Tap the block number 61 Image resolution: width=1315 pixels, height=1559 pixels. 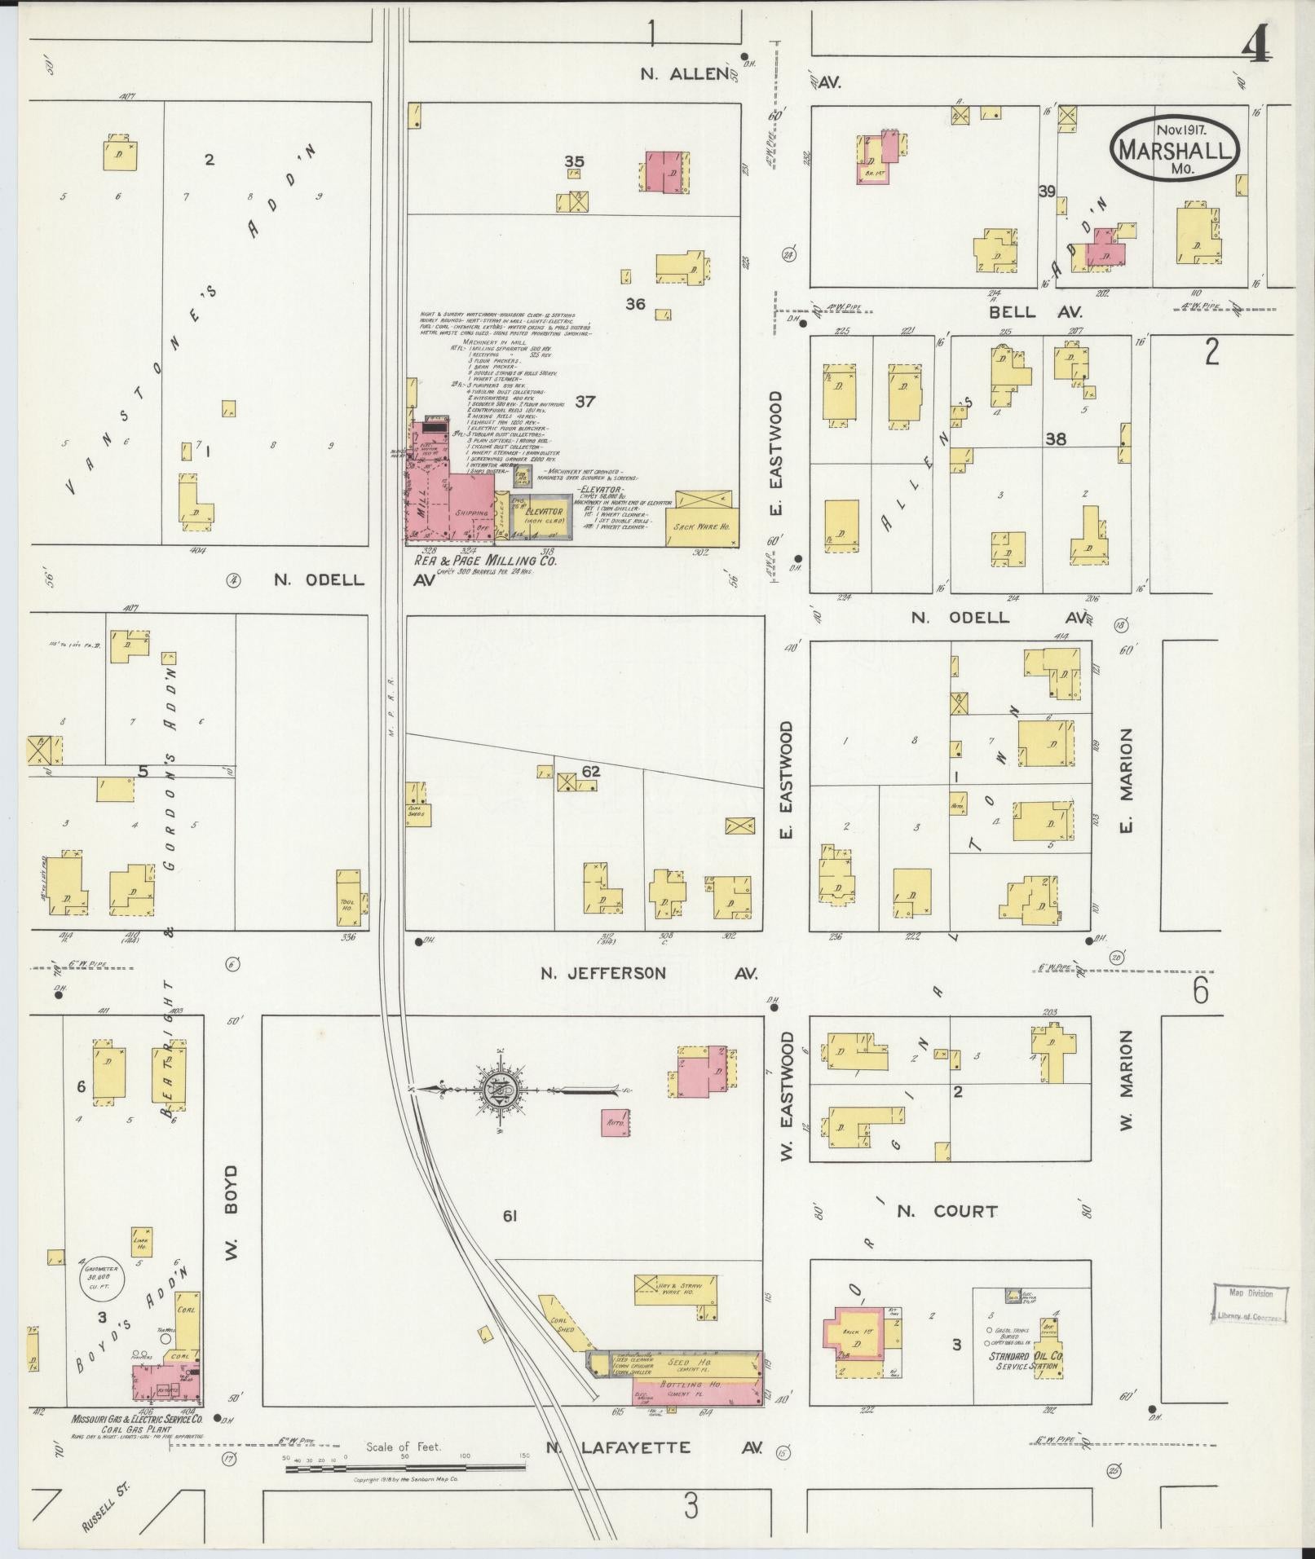(x=510, y=1240)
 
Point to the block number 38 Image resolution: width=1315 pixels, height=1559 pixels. (x=1056, y=438)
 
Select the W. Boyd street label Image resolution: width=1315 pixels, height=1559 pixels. (x=232, y=1224)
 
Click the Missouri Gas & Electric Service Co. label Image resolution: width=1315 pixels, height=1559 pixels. (x=136, y=1419)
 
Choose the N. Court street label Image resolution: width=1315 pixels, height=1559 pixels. (x=947, y=1211)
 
